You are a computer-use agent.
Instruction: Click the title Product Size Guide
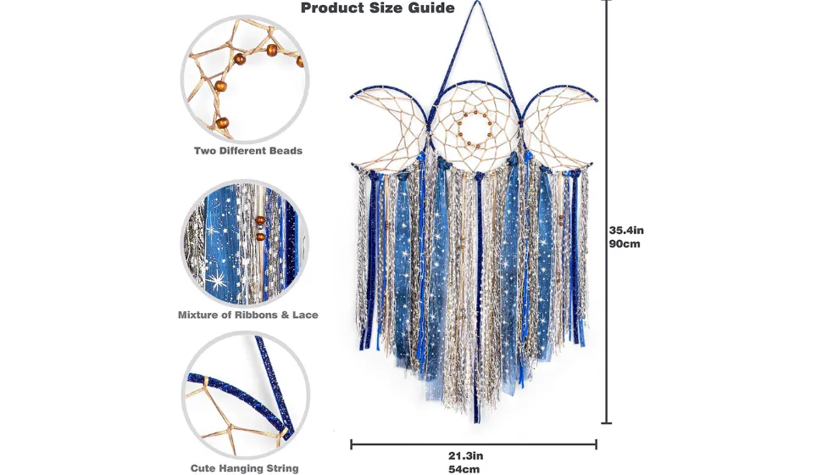pos(377,8)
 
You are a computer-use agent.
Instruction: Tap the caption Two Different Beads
pos(248,151)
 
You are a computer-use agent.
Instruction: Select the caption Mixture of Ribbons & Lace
pos(248,315)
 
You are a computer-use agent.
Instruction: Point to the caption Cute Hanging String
pos(244,468)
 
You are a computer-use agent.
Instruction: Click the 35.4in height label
pos(626,230)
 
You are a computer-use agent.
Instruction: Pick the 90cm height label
pos(625,243)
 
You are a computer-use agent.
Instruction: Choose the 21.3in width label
pos(465,455)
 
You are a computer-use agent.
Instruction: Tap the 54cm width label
pos(464,469)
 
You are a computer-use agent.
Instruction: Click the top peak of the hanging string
pos(476,2)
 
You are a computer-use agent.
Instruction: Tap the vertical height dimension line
pos(607,211)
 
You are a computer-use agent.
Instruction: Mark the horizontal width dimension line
pos(474,444)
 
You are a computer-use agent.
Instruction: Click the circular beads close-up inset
pos(245,79)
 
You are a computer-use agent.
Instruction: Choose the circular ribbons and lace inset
pos(245,243)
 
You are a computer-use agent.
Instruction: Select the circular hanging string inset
pos(246,394)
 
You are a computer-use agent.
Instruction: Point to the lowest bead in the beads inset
pos(223,124)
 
